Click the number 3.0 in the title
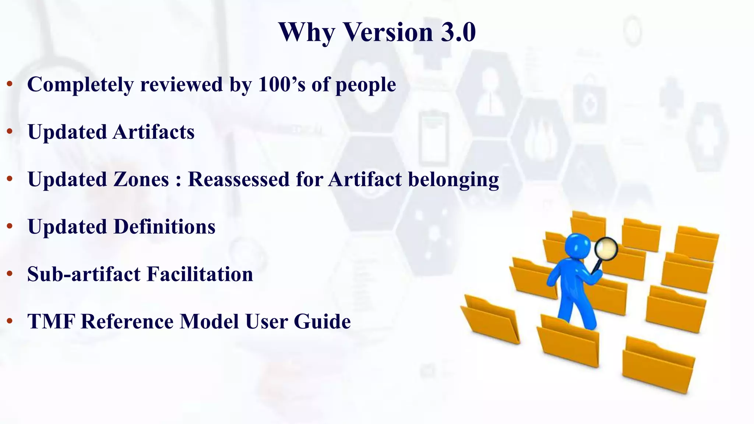pyautogui.click(x=458, y=32)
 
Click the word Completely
pyautogui.click(x=80, y=85)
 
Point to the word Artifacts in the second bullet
pyautogui.click(x=153, y=132)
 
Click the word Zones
pyautogui.click(x=141, y=179)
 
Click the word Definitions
pyautogui.click(x=164, y=227)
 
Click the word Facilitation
pyautogui.click(x=200, y=274)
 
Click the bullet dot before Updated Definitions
pyautogui.click(x=10, y=226)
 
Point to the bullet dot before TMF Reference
pyautogui.click(x=10, y=321)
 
